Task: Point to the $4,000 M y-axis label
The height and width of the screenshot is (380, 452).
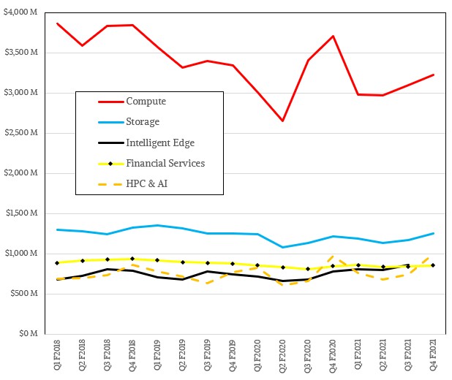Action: pos(24,12)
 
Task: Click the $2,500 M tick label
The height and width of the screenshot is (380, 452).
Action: pos(24,133)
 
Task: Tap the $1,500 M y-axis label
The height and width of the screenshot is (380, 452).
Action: pos(24,213)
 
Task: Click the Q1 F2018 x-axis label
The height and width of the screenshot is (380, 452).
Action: pos(58,356)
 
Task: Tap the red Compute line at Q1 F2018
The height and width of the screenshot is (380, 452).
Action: pos(58,23)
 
